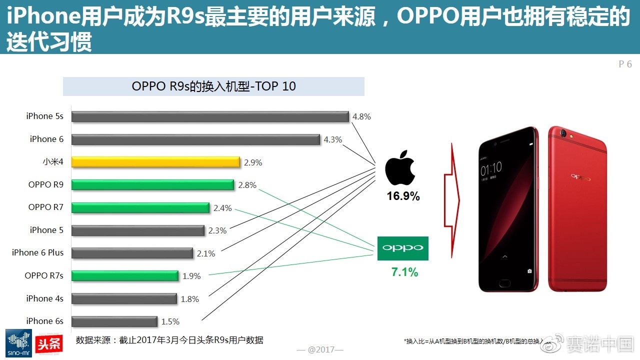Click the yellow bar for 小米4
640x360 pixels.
(155, 162)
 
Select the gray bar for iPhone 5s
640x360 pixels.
(210, 116)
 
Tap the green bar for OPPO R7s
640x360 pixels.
(124, 275)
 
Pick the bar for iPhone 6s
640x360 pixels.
(114, 321)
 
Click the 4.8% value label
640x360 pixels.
(361, 116)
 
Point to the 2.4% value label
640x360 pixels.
(222, 208)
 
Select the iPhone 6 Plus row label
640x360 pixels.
(38, 252)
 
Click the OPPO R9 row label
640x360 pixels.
(46, 184)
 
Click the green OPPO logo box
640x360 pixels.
(402, 248)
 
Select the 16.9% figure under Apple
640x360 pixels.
(403, 196)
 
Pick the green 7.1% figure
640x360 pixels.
(404, 272)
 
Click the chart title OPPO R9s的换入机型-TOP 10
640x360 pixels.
(213, 86)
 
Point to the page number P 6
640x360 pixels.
(625, 64)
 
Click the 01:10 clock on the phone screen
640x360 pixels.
(491, 169)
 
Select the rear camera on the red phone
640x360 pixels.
(566, 134)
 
